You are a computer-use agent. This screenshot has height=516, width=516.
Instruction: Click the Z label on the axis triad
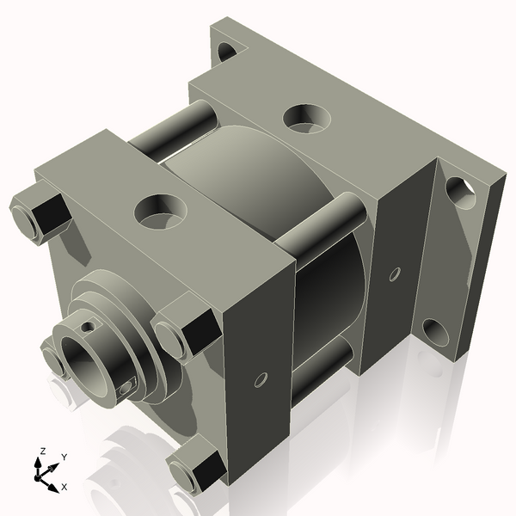[x=42, y=451]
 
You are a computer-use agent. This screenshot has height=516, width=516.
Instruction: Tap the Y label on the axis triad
[x=64, y=458]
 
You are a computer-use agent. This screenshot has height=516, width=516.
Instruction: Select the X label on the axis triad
[x=64, y=487]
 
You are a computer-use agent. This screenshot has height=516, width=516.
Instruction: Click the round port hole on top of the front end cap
[x=160, y=212]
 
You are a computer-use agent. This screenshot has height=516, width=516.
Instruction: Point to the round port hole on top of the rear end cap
[x=307, y=119]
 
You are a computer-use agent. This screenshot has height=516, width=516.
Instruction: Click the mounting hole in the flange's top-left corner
[x=227, y=52]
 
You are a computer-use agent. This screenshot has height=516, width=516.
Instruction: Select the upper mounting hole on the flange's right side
[x=461, y=193]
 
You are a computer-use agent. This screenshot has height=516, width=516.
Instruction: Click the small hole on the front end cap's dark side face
[x=261, y=380]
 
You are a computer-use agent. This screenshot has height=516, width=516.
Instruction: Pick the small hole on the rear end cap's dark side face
[x=396, y=274]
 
